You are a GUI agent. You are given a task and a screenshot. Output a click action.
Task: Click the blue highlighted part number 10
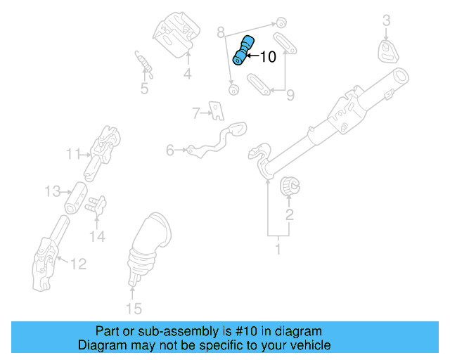pos(243,50)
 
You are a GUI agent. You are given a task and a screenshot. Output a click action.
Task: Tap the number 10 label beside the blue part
pos(268,58)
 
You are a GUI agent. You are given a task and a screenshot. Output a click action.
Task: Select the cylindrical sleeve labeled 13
pos(75,199)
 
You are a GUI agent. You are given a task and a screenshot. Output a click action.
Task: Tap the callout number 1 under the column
pos(277,249)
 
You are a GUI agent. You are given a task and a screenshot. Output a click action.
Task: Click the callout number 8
pos(220,32)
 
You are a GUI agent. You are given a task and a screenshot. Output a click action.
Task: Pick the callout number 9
pos(289,94)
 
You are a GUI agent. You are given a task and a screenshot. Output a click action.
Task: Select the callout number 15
pos(133,308)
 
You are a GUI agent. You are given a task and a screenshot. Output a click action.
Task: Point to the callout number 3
pos(386,22)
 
